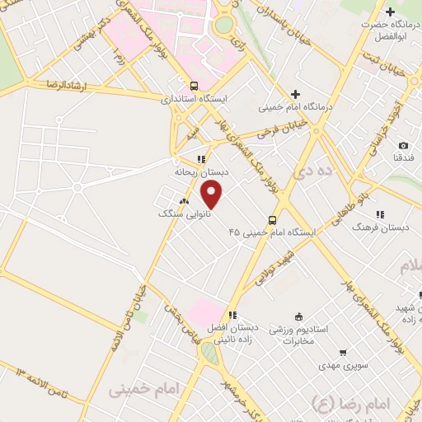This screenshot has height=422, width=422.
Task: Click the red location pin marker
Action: tap(213, 195)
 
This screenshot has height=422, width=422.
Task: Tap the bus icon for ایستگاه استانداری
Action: tap(194, 85)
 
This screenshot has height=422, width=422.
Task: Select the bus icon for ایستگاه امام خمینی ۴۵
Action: tap(272, 220)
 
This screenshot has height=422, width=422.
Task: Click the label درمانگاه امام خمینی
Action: tap(294, 107)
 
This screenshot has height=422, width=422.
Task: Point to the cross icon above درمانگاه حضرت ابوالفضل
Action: tap(390, 12)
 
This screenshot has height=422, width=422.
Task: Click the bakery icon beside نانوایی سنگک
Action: tap(184, 200)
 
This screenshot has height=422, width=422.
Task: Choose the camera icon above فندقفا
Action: tap(403, 145)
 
